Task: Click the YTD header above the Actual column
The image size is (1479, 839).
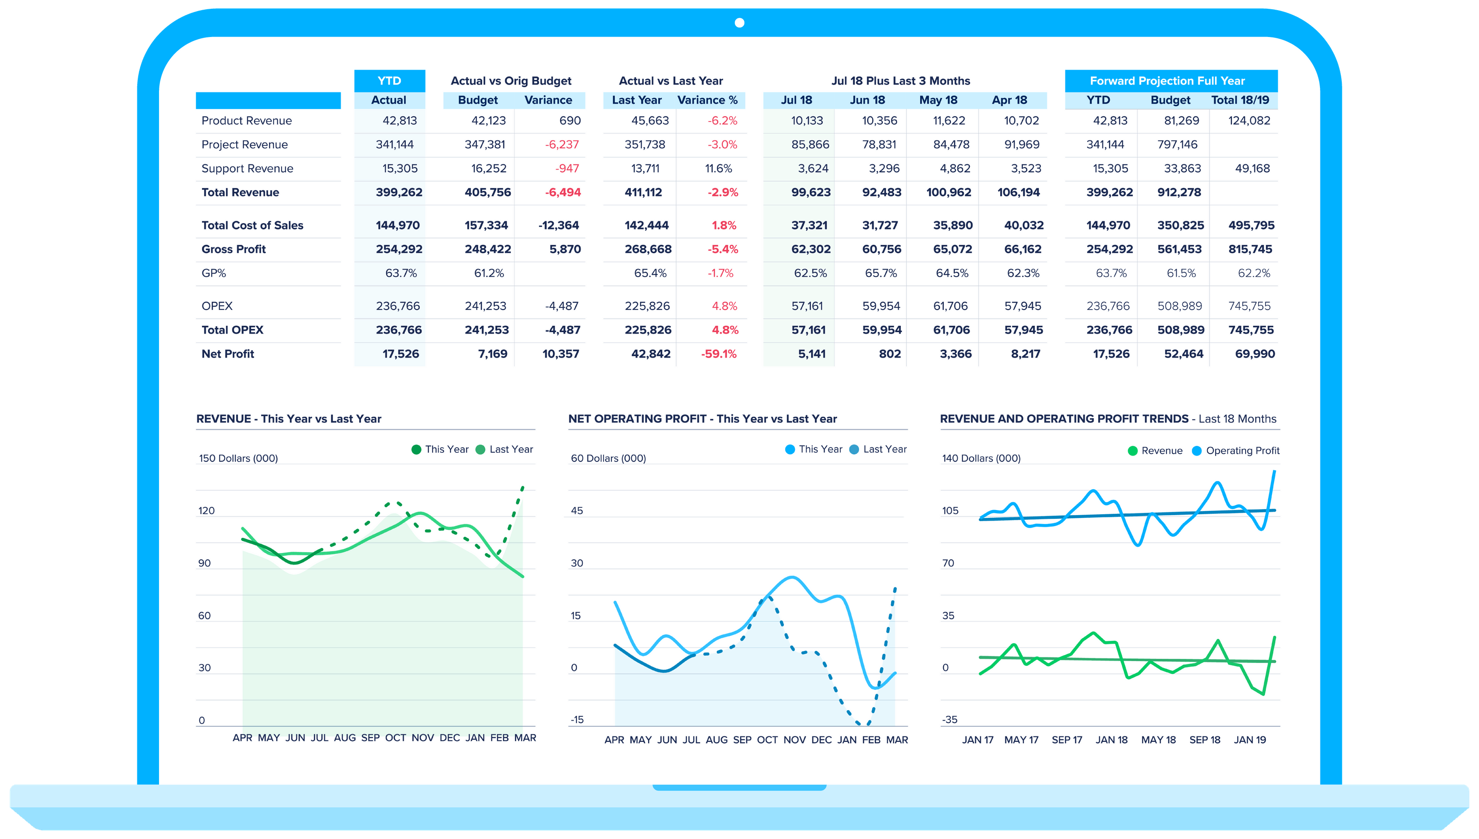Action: [389, 81]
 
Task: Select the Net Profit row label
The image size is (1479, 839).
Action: [228, 354]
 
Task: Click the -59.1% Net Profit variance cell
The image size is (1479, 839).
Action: [718, 354]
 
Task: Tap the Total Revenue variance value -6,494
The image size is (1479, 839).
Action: [562, 193]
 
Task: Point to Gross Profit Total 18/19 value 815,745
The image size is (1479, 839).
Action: [1250, 249]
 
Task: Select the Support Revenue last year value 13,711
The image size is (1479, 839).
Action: [644, 169]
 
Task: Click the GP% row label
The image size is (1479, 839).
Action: [214, 273]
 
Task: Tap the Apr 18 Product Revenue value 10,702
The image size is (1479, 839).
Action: [1021, 121]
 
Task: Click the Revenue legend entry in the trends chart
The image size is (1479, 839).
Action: [1155, 450]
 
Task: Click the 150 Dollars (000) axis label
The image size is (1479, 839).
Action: [238, 459]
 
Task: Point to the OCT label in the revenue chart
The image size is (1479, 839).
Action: [395, 737]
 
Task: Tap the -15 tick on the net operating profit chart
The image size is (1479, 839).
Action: [577, 720]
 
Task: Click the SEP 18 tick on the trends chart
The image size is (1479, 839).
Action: [1204, 740]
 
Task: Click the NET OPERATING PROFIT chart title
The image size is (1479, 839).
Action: [702, 419]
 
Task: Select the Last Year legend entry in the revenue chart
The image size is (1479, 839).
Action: [504, 450]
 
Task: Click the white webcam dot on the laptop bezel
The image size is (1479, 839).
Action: [739, 23]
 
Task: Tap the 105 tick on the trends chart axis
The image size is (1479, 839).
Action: [950, 511]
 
